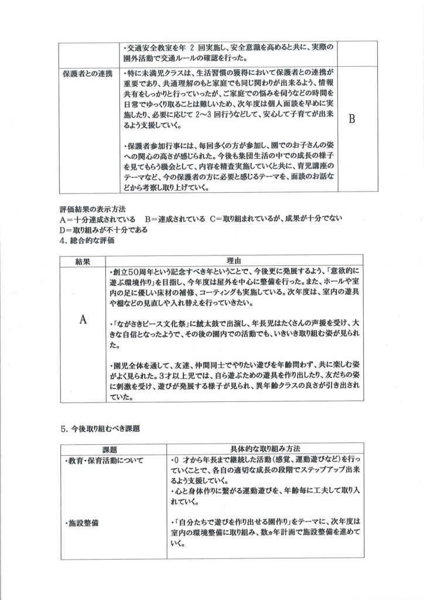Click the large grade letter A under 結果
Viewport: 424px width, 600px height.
coord(83,319)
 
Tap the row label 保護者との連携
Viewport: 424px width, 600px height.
coord(87,75)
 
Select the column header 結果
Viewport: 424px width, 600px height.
coord(83,261)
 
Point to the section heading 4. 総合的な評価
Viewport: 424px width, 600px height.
coord(87,240)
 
